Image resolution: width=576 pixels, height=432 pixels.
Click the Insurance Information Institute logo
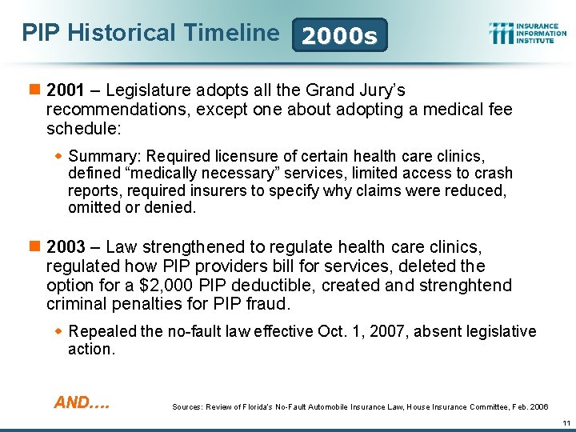tap(527, 33)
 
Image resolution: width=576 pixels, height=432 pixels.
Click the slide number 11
tap(565, 422)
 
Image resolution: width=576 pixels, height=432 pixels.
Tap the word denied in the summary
tap(173, 207)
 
